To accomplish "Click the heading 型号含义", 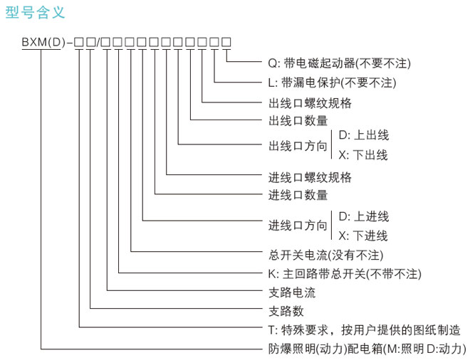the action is pos(35,12).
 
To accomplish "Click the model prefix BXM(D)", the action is pos(43,42).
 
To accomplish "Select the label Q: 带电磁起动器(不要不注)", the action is pos(339,63).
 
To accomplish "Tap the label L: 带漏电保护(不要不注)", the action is pos(332,83).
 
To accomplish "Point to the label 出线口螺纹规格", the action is pos(310,102).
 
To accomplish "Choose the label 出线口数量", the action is pos(298,121).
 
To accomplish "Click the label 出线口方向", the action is pos(298,146).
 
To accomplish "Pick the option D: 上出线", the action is pos(364,135).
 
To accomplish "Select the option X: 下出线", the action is pos(363,155).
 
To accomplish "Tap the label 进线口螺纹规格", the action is pos(310,177).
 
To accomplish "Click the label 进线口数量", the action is pos(298,195).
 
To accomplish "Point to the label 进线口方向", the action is pos(298,226).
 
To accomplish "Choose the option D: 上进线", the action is pos(364,216).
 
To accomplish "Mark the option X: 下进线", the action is pos(363,235).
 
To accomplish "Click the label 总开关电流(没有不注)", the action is pos(326,255).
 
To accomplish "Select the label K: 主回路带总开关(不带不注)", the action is pos(345,274).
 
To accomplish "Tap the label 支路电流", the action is pos(292,292).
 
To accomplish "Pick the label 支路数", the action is pos(286,311).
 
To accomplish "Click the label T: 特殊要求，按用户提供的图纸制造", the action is pos(364,330).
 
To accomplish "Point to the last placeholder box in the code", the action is pos(226,42).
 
